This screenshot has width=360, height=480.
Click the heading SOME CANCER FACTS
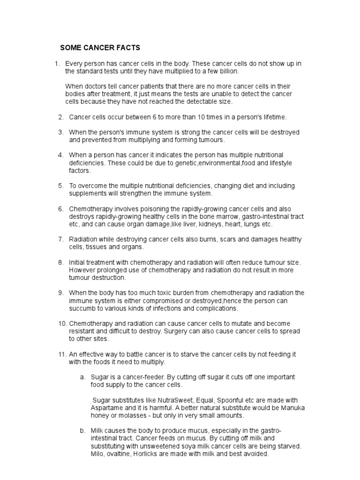100,48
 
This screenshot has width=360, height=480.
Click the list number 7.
60,239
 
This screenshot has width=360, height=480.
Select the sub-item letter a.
82,377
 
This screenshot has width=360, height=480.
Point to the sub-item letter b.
82,430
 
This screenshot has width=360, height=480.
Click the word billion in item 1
227,71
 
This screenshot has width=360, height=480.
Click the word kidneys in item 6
206,224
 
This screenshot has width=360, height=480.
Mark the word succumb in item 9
82,308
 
